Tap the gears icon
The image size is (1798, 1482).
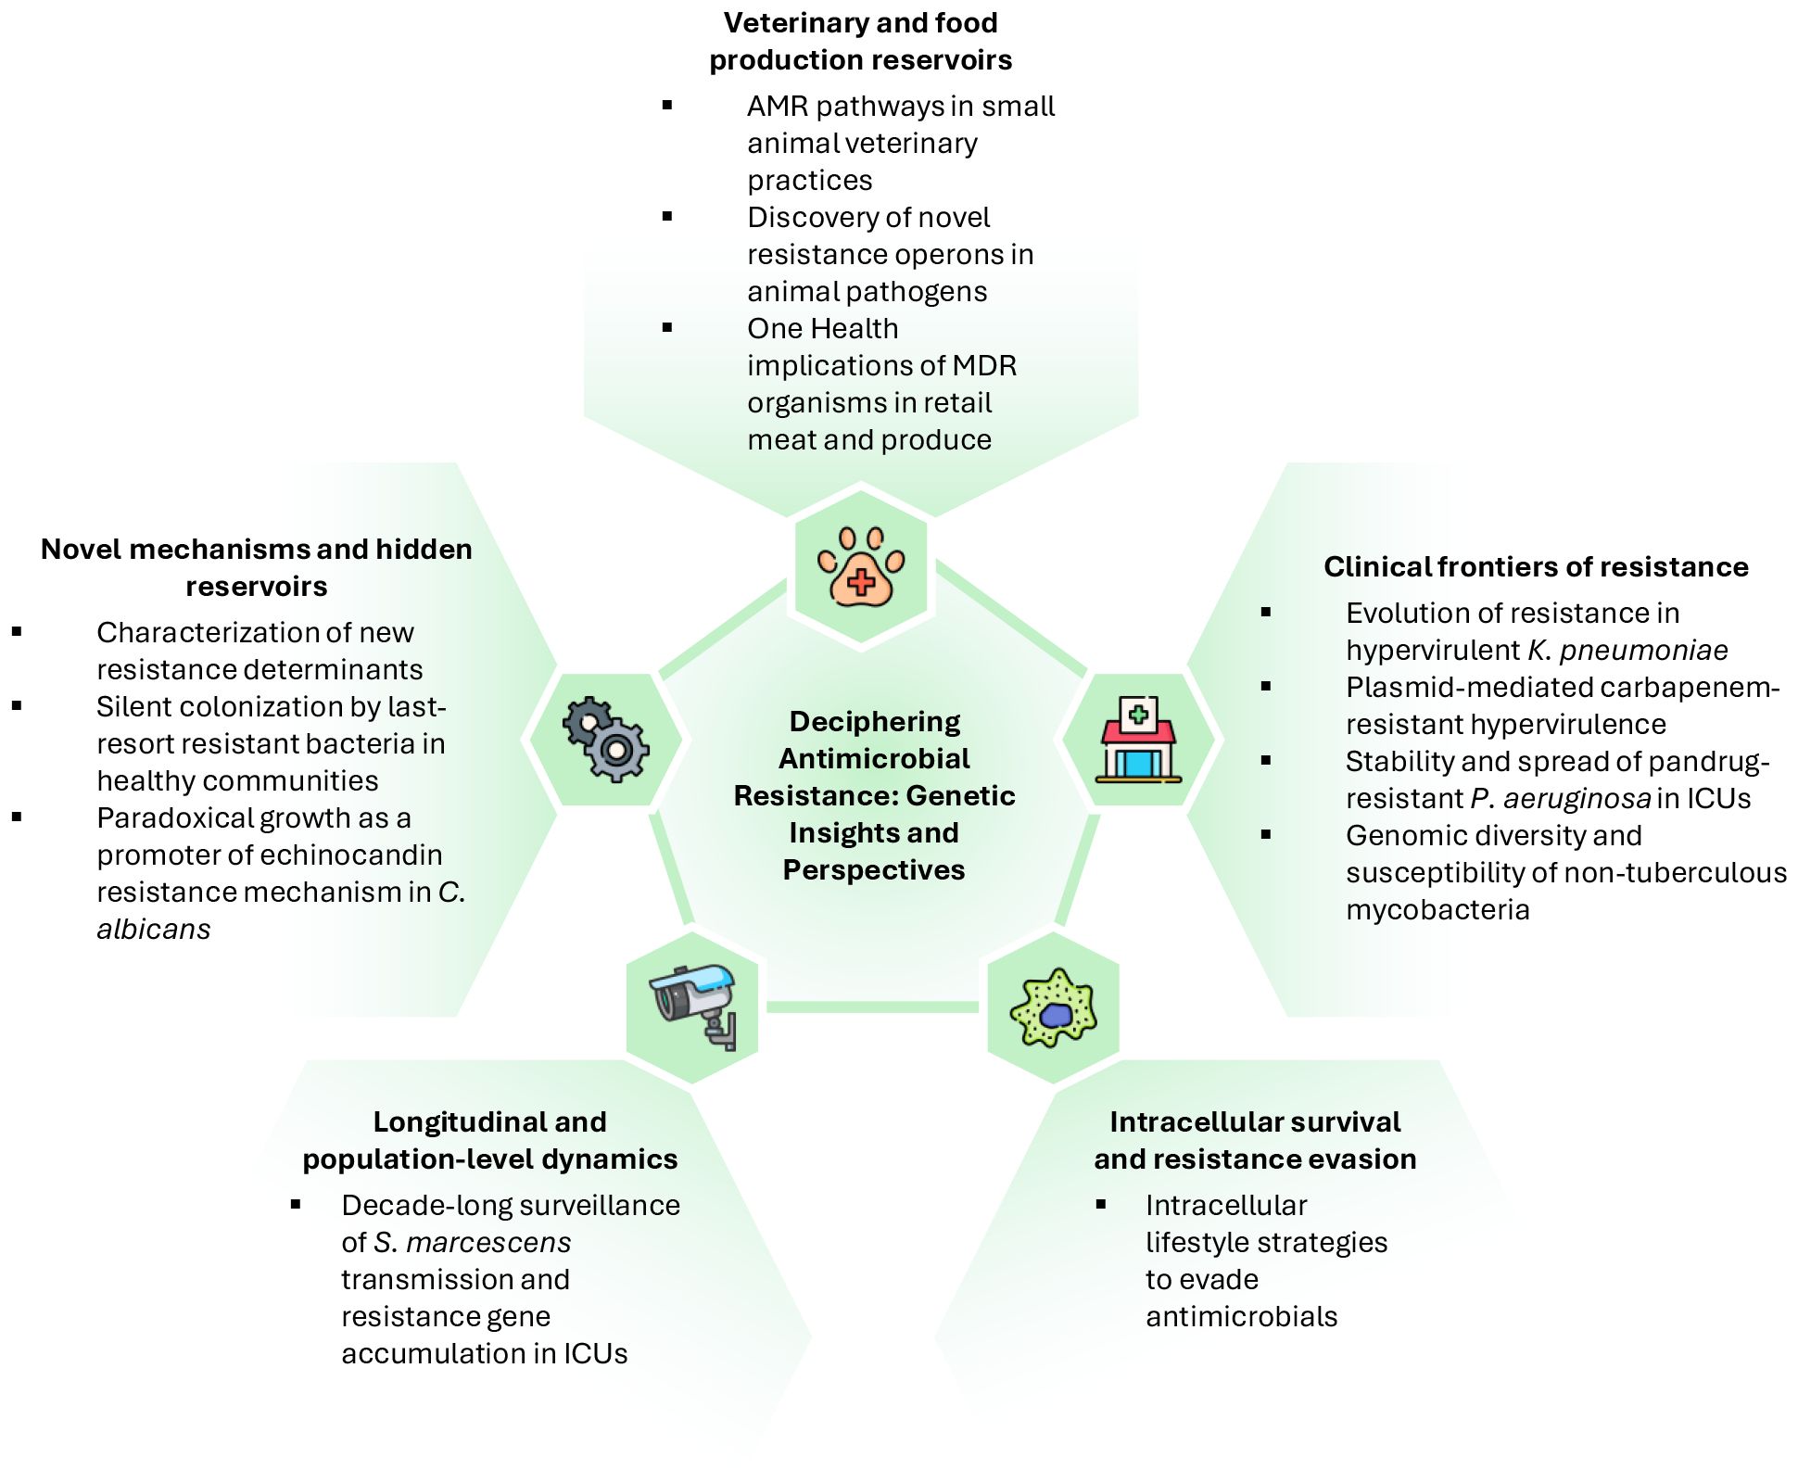click(606, 740)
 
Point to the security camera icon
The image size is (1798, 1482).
click(693, 1007)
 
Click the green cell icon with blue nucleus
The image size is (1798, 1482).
click(1054, 1007)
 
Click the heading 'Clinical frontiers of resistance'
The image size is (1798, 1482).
click(1535, 566)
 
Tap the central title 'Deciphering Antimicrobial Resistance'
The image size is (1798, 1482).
click(874, 794)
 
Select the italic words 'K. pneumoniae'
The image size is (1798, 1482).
click(1627, 650)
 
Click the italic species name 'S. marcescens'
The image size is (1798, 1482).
click(473, 1242)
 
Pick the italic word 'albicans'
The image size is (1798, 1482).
click(154, 929)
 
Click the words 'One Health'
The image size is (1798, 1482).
click(823, 328)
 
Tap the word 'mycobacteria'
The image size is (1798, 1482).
click(1437, 909)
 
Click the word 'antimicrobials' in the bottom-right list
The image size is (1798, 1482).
click(1241, 1316)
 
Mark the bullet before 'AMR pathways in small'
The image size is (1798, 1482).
click(667, 106)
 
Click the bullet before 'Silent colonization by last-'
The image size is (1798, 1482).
click(17, 706)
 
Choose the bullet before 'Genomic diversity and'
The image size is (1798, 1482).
click(1266, 835)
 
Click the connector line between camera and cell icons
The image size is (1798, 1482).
click(873, 1007)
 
